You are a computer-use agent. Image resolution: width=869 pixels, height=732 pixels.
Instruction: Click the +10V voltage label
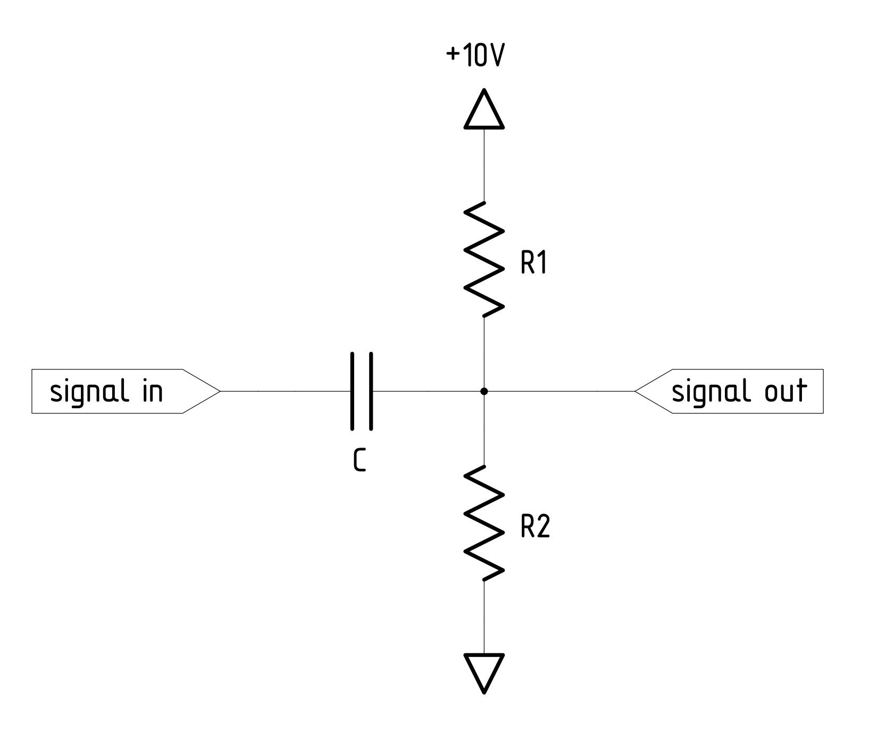[x=474, y=56]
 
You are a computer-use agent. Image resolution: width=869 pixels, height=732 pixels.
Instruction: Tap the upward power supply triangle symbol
[x=484, y=111]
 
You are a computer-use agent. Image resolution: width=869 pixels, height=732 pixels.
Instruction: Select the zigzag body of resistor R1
[x=483, y=258]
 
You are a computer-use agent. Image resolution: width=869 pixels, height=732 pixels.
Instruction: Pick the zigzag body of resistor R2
[x=483, y=523]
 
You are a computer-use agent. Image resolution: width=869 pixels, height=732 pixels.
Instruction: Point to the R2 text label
[x=534, y=527]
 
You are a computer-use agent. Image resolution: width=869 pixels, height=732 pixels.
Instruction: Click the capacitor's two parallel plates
[x=361, y=391]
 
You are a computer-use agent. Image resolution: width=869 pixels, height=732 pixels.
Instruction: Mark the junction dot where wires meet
[x=484, y=391]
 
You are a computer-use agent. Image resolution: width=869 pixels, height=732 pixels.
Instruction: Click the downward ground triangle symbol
[x=484, y=671]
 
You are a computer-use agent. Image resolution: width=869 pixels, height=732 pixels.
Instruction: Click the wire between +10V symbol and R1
[x=484, y=165]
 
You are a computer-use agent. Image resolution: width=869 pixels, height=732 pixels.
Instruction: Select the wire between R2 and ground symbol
[x=484, y=617]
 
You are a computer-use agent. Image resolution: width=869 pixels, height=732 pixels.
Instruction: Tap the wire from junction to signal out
[x=558, y=391]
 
